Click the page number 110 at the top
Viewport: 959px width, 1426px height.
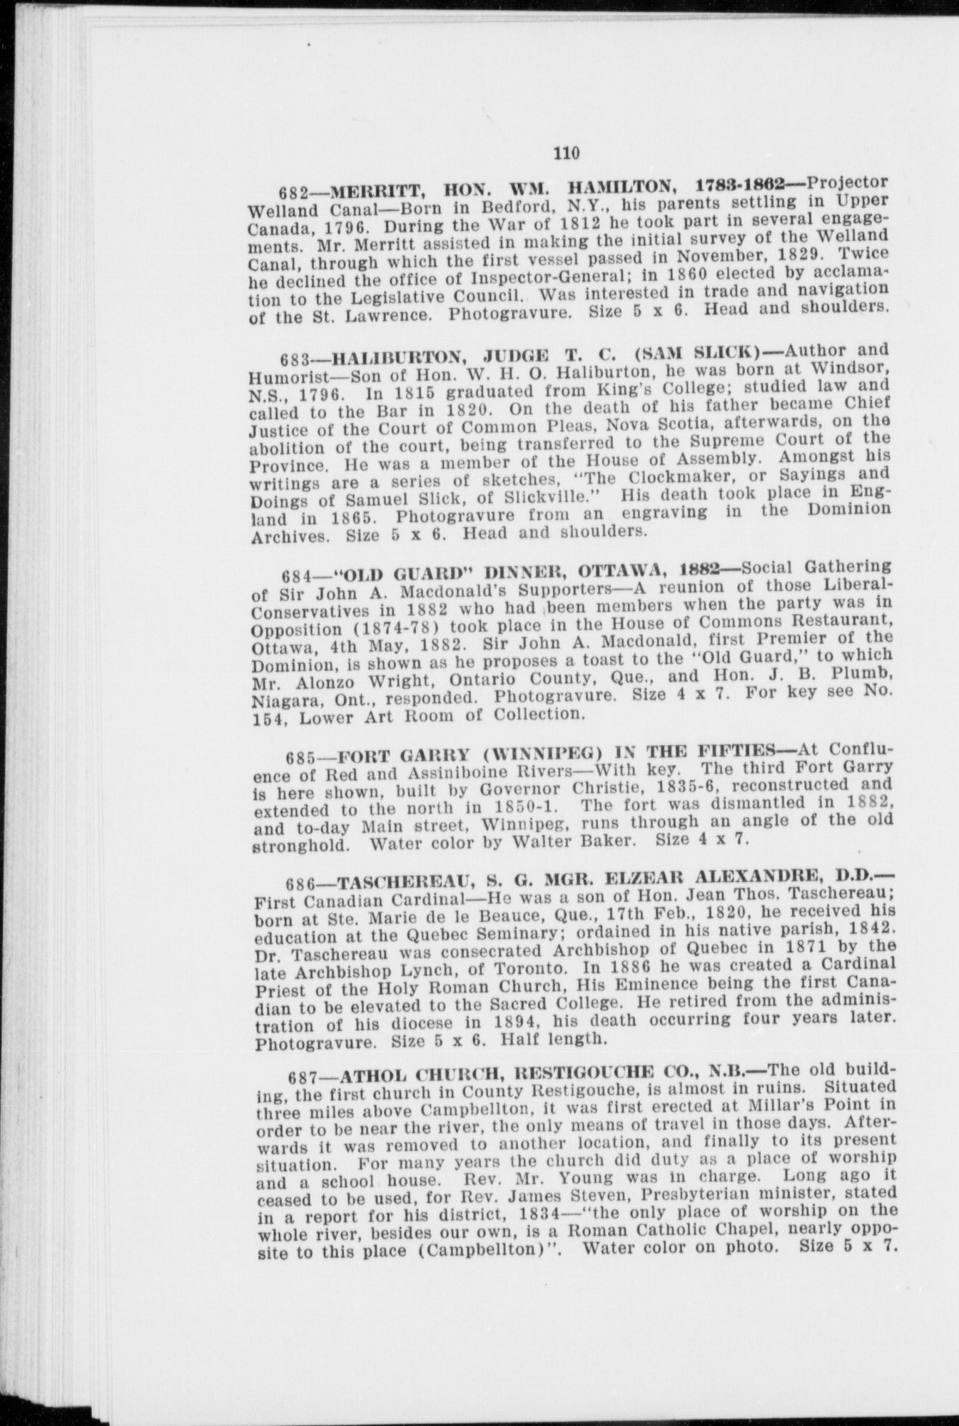567,153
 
